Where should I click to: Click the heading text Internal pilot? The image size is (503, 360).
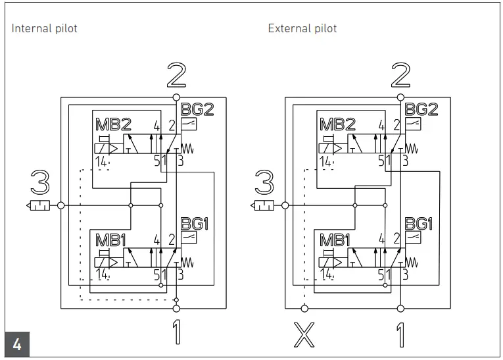tap(44, 29)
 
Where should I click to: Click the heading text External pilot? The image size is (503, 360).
tap(302, 29)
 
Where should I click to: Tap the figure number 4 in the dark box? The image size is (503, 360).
tap(17, 345)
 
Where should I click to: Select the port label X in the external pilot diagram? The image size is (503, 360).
tap(303, 335)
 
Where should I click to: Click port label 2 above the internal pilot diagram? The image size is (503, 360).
tap(176, 76)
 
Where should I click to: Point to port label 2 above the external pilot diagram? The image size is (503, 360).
tap(400, 76)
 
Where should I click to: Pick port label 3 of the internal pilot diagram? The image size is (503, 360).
tap(40, 183)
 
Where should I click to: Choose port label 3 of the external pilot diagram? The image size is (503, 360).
tap(264, 183)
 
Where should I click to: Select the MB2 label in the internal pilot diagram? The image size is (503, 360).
tap(114, 124)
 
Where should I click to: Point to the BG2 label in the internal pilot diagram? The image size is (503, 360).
tap(197, 109)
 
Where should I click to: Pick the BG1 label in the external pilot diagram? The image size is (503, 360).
tap(418, 224)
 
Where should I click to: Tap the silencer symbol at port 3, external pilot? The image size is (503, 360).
tap(264, 205)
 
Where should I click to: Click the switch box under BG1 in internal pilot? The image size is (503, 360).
tap(189, 238)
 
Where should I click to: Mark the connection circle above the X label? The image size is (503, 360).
tap(304, 308)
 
